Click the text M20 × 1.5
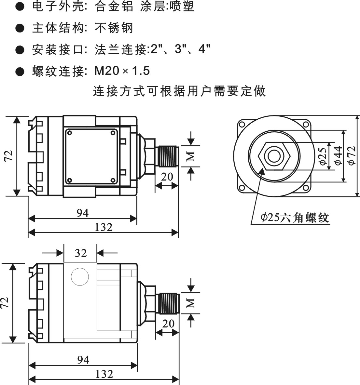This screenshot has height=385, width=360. click(x=122, y=71)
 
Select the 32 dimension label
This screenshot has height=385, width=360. click(x=81, y=253)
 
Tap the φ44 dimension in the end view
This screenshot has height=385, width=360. click(x=339, y=155)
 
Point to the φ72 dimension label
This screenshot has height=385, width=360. click(x=351, y=155)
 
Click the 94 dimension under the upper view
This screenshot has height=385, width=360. click(x=83, y=213)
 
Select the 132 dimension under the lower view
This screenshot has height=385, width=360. click(x=104, y=374)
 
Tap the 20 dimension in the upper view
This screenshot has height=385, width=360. click(x=167, y=177)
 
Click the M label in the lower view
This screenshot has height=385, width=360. click(x=191, y=303)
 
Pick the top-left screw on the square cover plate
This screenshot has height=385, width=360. click(x=69, y=132)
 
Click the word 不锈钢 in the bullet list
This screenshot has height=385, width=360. click(x=114, y=28)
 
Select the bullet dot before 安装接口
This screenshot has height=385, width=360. click(x=20, y=50)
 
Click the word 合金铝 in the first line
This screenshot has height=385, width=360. click(x=114, y=7)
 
